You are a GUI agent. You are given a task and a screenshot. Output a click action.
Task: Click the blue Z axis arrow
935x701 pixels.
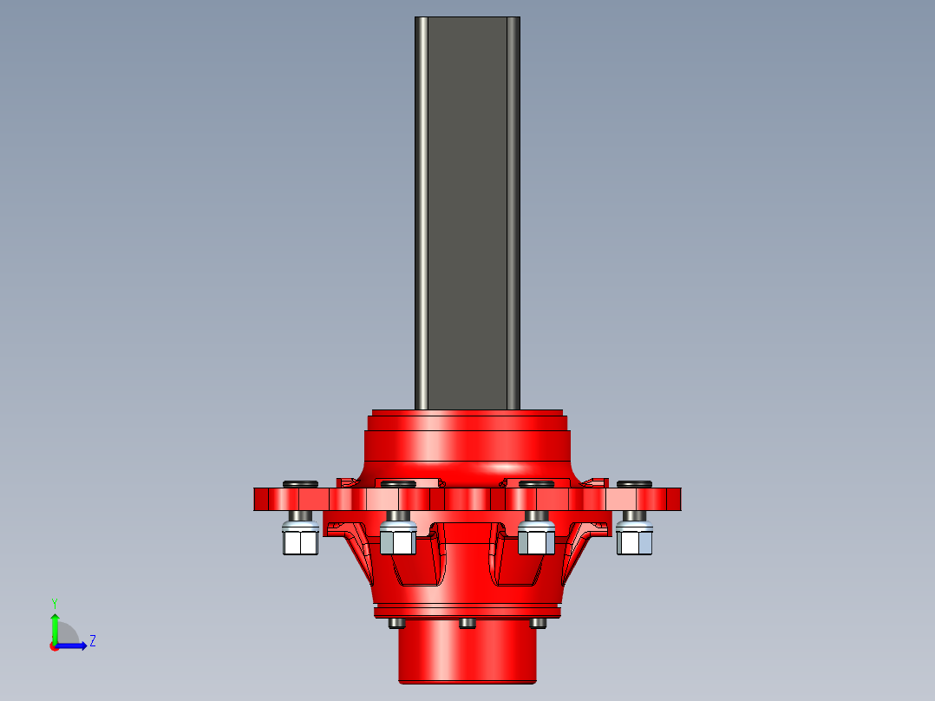click(73, 645)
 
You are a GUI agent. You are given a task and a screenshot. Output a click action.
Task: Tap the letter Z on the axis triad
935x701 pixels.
click(92, 641)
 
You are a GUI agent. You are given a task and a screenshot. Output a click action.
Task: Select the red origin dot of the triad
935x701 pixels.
click(54, 646)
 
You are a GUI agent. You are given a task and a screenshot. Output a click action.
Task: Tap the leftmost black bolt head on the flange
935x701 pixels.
click(300, 483)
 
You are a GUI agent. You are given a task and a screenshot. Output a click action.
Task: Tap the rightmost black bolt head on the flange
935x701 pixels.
click(634, 483)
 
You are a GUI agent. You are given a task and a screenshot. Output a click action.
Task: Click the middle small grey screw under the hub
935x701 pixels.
click(467, 623)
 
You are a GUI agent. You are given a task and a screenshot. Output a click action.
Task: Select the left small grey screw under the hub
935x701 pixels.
click(397, 623)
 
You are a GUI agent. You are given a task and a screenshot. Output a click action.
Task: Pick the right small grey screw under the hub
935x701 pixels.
click(538, 623)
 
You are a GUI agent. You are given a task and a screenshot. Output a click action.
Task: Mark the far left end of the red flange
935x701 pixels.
click(258, 499)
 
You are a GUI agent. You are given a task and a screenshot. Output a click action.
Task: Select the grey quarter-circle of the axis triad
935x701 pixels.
click(67, 634)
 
